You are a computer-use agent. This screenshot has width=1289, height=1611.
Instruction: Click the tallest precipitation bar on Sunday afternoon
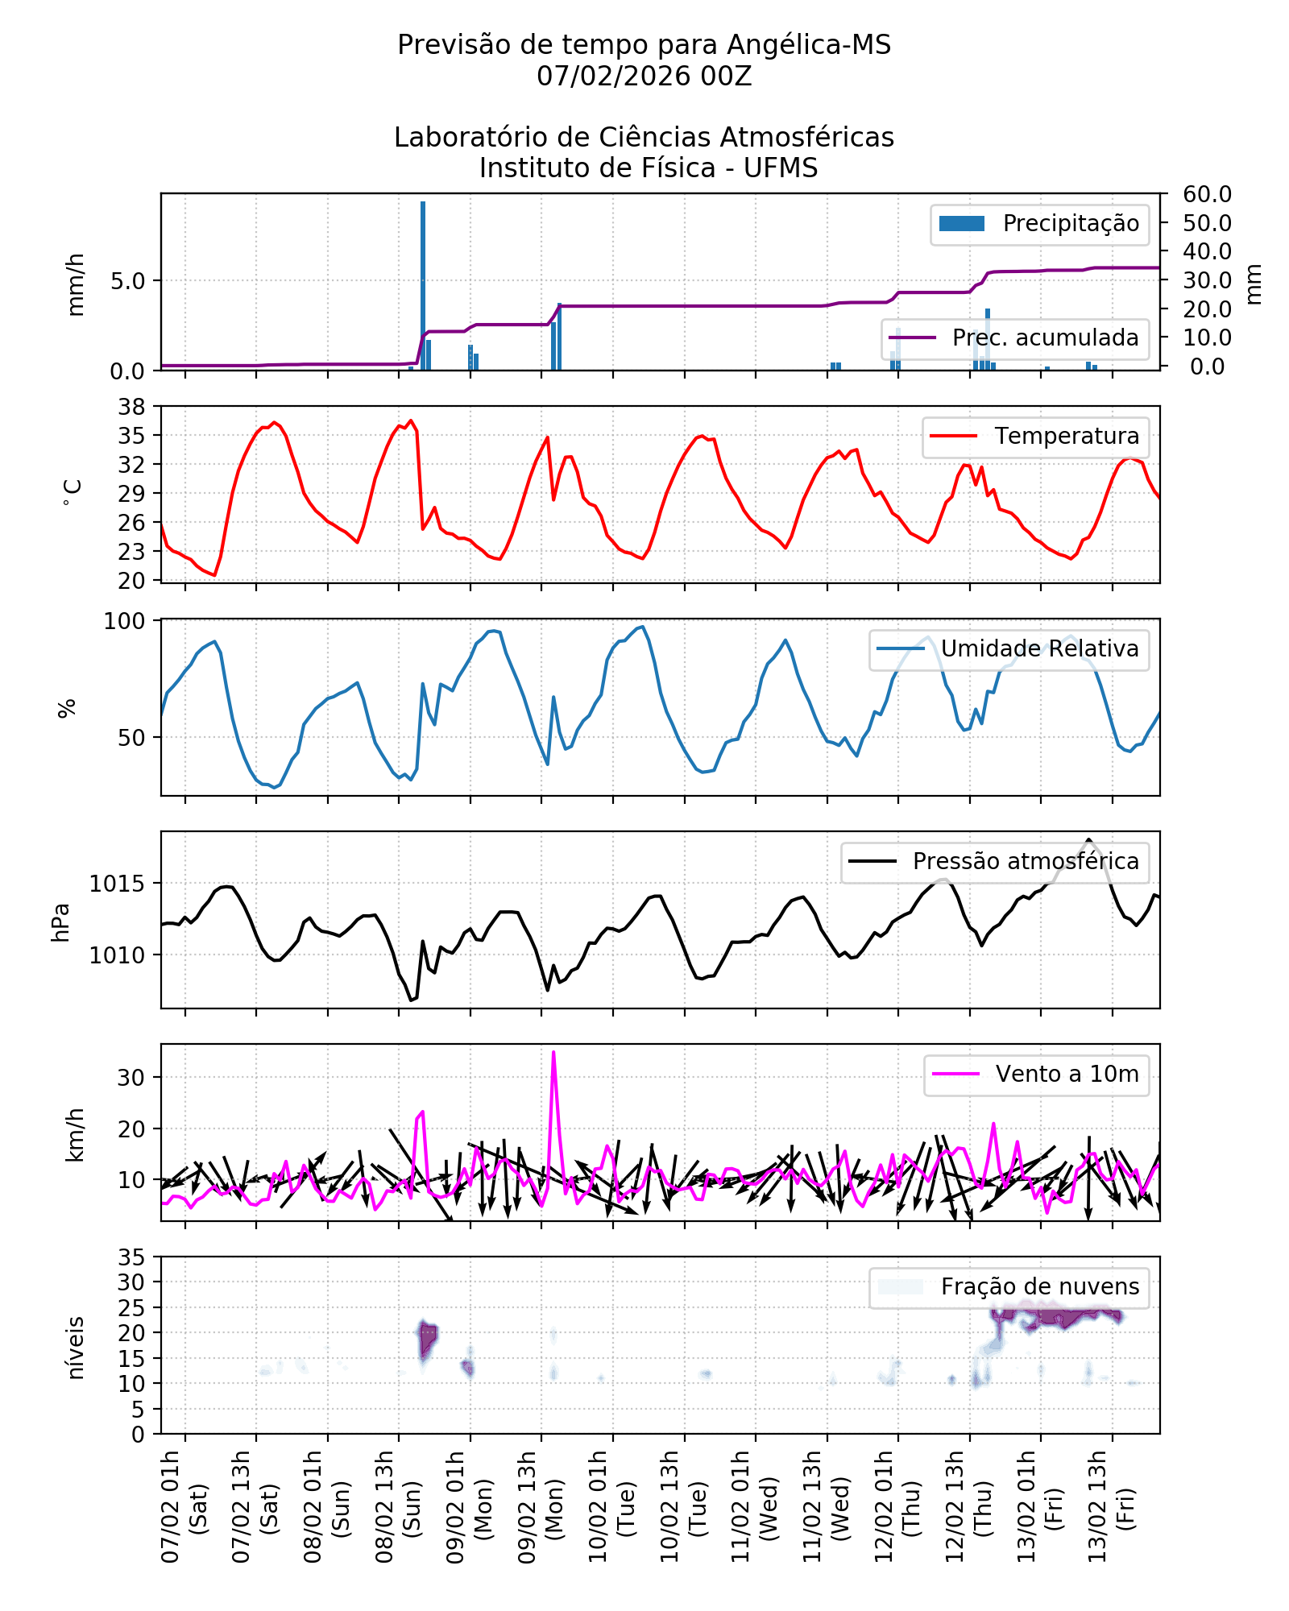[423, 285]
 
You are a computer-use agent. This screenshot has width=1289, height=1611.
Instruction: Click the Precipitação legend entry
[1039, 224]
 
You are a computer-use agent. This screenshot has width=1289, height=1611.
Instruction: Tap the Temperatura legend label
[1066, 437]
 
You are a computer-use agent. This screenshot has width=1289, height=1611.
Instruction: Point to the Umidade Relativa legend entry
[1039, 649]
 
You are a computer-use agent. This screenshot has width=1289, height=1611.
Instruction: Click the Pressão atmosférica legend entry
[1025, 862]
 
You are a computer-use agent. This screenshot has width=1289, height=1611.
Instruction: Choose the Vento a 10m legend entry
[1067, 1075]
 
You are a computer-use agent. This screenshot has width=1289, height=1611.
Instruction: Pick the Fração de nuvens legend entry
[1039, 1287]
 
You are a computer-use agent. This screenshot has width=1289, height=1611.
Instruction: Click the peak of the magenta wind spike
[553, 1052]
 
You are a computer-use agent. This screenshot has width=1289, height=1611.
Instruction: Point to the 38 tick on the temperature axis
[132, 407]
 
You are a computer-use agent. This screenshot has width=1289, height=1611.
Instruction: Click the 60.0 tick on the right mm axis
[1207, 194]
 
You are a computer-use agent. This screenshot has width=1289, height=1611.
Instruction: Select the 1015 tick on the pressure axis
[117, 884]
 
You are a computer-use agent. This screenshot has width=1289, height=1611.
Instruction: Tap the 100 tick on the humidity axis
[124, 621]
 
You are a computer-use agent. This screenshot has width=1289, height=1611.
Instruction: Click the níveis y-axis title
[76, 1348]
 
